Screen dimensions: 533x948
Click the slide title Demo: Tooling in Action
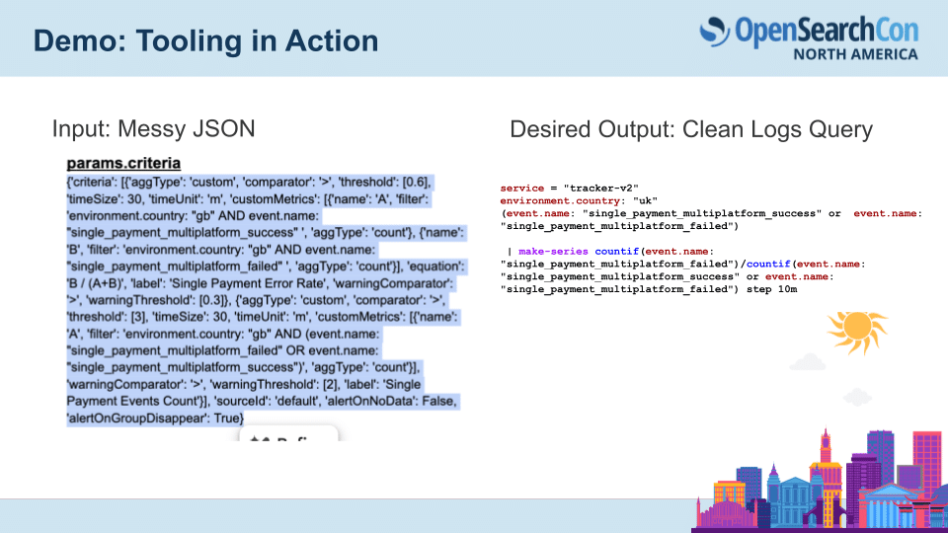pos(205,41)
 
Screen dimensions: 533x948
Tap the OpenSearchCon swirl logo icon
pos(715,32)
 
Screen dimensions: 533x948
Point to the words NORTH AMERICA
pos(855,54)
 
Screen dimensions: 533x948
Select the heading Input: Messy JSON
pos(153,128)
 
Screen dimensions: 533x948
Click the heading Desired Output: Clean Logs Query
pos(690,129)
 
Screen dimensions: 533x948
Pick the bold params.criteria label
pos(123,163)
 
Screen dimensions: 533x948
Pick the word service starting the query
pos(523,188)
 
